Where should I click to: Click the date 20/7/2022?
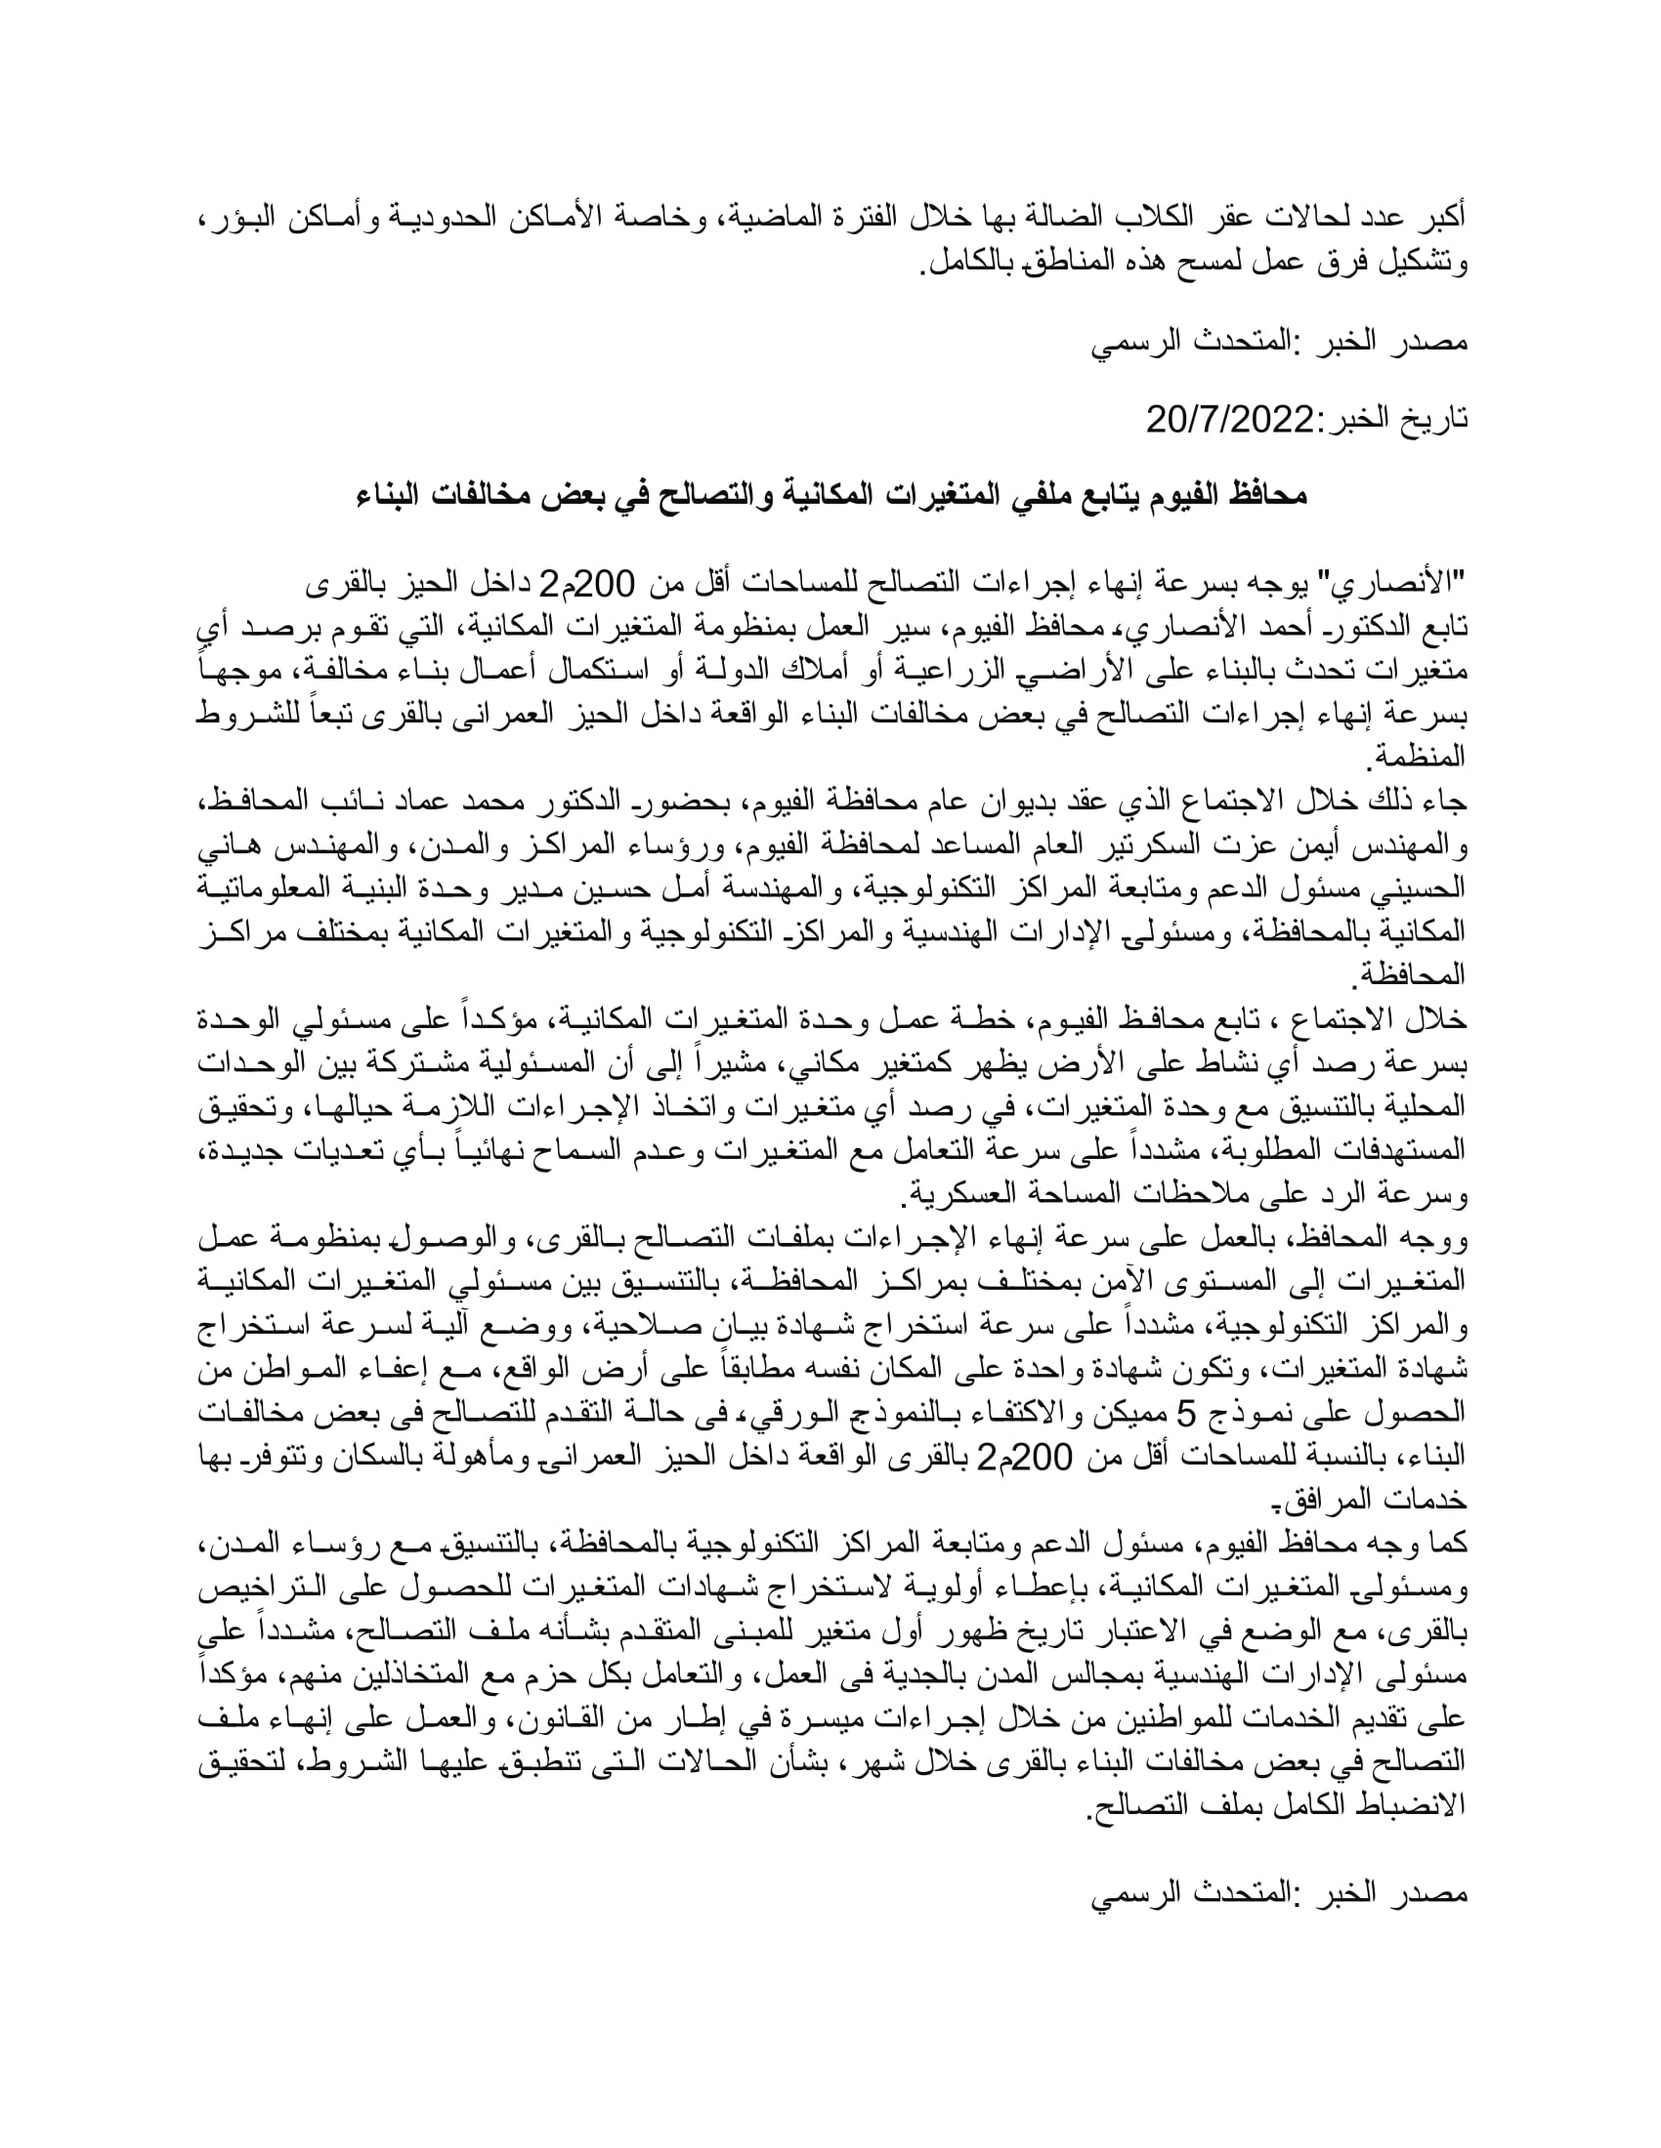point(1231,420)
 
